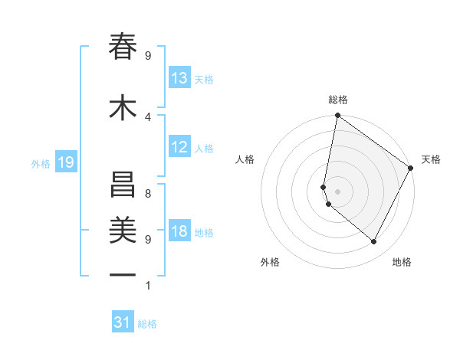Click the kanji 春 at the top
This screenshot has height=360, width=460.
coord(123,47)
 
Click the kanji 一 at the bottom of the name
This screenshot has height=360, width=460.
coord(123,274)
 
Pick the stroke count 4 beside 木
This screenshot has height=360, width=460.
coord(148,117)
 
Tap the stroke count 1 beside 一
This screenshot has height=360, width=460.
coord(148,286)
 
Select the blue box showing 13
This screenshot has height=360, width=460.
coord(179,78)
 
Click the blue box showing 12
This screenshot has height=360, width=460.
coord(179,147)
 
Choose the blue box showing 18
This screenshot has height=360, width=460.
coord(179,231)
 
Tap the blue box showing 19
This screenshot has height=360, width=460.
coord(66,162)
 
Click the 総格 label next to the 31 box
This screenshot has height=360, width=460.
coord(147,324)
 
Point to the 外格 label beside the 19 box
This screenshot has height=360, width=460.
coord(41,163)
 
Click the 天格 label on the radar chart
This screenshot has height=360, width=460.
coord(431,159)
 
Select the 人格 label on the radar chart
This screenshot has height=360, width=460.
coord(245,159)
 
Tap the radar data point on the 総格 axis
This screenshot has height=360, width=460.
coord(337,116)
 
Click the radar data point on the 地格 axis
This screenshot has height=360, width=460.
coord(374,242)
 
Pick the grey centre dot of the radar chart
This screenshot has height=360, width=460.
coord(337,191)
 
